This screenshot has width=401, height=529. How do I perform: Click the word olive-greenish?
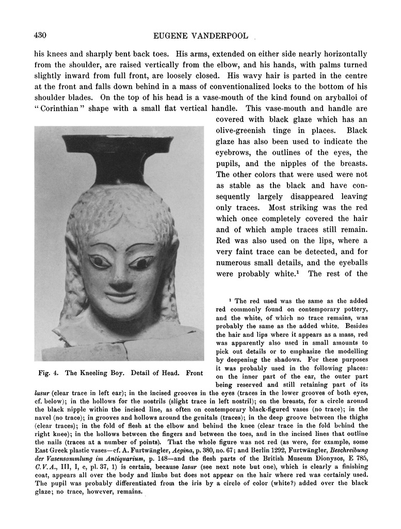click(x=246, y=131)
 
